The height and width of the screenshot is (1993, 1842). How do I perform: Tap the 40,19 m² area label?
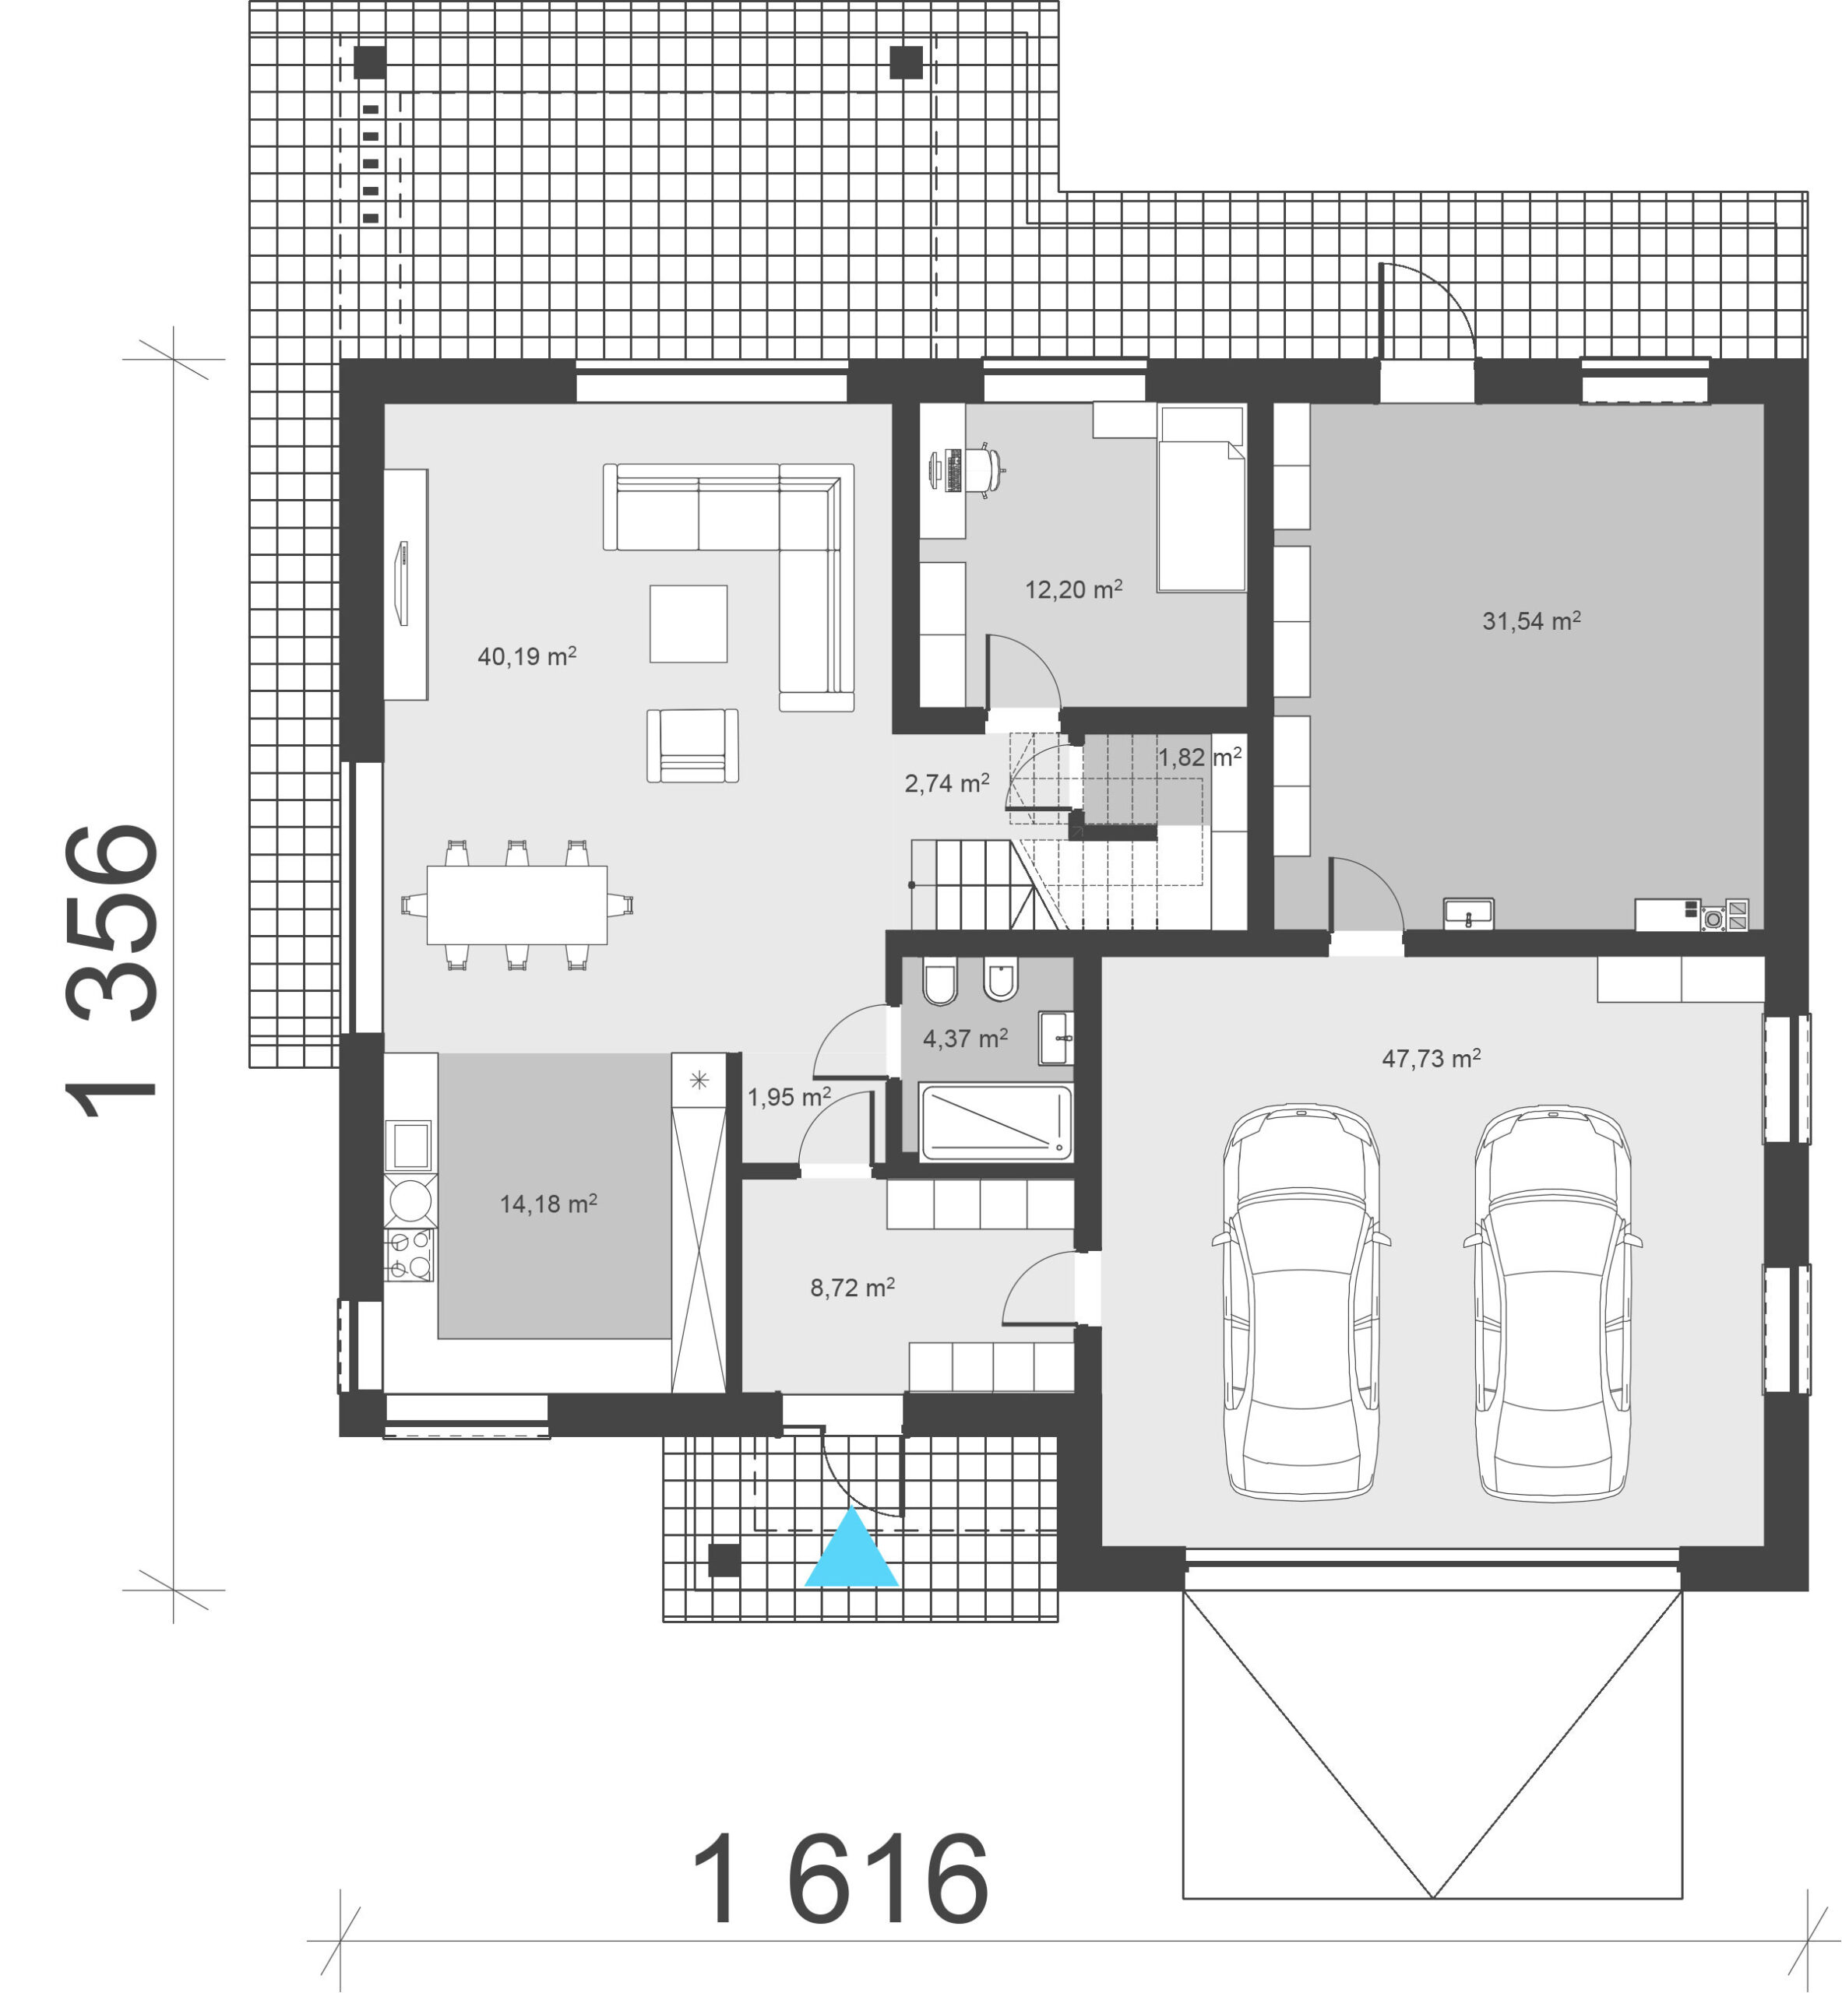click(x=527, y=656)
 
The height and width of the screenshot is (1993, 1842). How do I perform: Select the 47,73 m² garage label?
click(x=1432, y=1058)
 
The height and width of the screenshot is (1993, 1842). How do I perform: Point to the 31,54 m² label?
click(x=1531, y=620)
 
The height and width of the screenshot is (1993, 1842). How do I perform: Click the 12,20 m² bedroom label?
click(x=1073, y=589)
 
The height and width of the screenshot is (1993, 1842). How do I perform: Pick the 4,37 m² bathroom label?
click(x=965, y=1039)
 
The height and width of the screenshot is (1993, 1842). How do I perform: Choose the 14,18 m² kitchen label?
click(x=548, y=1204)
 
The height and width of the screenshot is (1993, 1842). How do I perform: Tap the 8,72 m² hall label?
click(x=852, y=1288)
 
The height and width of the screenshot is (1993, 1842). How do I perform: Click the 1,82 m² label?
click(x=1199, y=757)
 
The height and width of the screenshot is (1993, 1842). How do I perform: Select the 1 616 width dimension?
click(x=840, y=1879)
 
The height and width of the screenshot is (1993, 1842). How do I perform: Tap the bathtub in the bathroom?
click(x=995, y=1123)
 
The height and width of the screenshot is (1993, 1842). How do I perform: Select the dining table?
click(x=516, y=905)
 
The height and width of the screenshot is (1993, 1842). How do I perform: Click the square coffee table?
click(x=689, y=624)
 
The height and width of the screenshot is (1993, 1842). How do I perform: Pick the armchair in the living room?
click(x=692, y=745)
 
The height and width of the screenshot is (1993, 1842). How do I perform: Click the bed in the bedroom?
click(x=1201, y=498)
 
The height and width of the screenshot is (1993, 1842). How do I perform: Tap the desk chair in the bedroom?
click(x=986, y=469)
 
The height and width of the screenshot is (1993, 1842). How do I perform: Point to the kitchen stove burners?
click(x=410, y=1255)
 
